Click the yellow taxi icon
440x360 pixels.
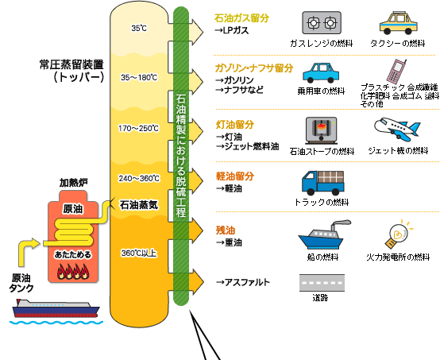pos(399,23)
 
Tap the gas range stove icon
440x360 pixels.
pos(322,22)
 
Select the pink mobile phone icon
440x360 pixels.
pos(396,71)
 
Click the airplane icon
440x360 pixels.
pos(397,129)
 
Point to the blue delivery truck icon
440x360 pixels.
pos(323,183)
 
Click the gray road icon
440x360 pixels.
pos(322,283)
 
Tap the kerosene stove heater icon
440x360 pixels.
pos(321,130)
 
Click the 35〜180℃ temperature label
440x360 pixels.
pos(139,77)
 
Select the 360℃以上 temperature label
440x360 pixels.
pos(139,254)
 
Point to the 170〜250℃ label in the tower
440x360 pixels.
pos(139,128)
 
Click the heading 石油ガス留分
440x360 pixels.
pos(241,18)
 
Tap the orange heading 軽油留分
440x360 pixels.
pos(235,176)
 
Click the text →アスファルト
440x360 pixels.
pos(243,282)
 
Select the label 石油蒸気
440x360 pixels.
pos(139,205)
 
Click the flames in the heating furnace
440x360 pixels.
pos(73,272)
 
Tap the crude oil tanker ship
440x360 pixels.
pos(56,308)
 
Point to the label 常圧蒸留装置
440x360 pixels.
pos(71,65)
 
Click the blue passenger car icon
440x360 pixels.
pos(321,72)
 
